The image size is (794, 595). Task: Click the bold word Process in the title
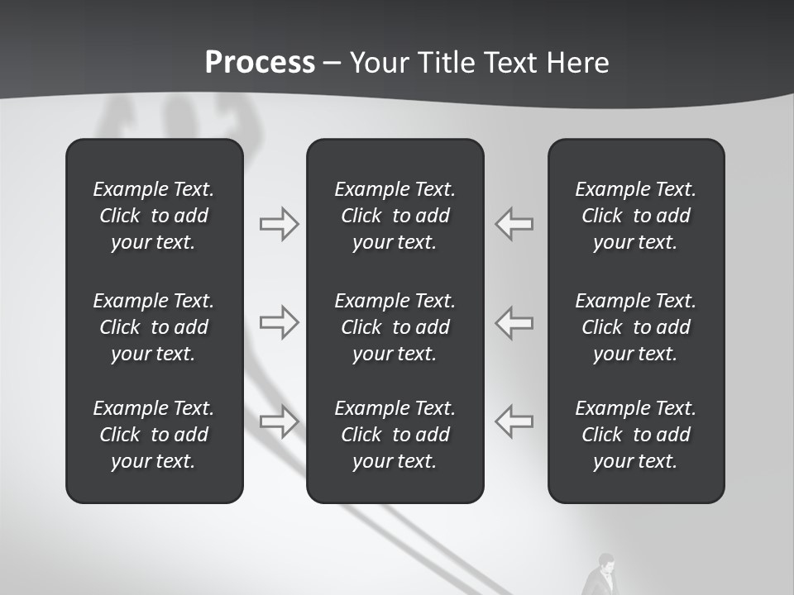260,63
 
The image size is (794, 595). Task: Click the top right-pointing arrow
279,224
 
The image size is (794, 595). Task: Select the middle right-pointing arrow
279,322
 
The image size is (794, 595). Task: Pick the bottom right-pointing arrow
279,421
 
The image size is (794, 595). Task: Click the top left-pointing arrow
514,224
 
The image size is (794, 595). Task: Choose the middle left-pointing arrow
514,322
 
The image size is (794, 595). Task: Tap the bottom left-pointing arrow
514,421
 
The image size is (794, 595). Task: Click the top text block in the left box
154,216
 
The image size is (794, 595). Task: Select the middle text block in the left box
154,327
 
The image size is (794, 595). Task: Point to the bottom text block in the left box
154,435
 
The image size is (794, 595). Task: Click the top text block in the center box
395,216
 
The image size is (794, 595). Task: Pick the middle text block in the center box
395,327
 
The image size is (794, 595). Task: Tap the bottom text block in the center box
395,435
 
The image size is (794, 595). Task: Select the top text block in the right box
635,216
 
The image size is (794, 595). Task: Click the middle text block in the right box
635,327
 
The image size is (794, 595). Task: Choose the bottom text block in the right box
635,435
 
